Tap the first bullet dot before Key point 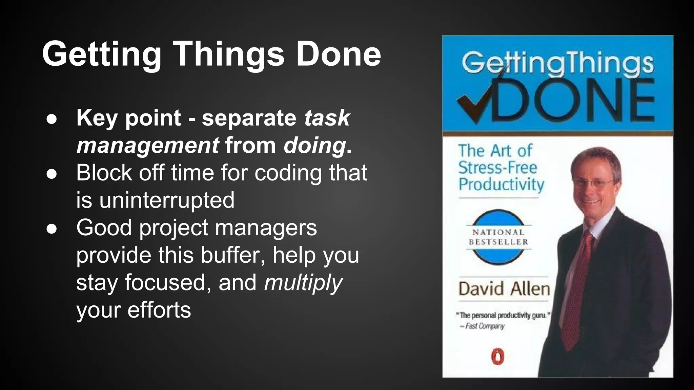tap(52, 119)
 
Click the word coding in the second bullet tap(288, 173)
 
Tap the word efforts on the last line tap(159, 310)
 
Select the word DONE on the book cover tap(573, 100)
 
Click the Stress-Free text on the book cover tap(497, 168)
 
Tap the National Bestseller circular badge tap(498, 237)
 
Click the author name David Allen tap(504, 289)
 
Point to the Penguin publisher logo tap(497, 357)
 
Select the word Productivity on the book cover tap(501, 185)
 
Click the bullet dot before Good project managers tap(52, 229)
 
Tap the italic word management tap(148, 146)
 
